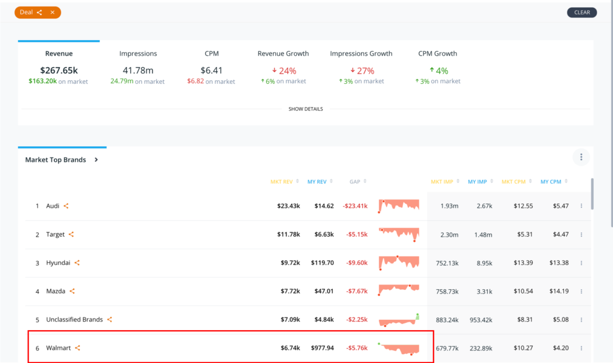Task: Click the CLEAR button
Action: pyautogui.click(x=582, y=13)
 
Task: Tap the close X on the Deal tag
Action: pyautogui.click(x=53, y=13)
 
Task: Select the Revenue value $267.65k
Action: pyautogui.click(x=59, y=71)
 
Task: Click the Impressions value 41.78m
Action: pyautogui.click(x=138, y=71)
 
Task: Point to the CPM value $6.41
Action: pyautogui.click(x=211, y=71)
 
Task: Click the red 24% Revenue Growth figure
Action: pyautogui.click(x=284, y=71)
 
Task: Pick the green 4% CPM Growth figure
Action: pyautogui.click(x=439, y=71)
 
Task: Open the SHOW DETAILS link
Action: pyautogui.click(x=306, y=109)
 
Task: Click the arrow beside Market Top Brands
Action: pyautogui.click(x=96, y=159)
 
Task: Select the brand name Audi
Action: pyautogui.click(x=53, y=205)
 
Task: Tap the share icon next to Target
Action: pyautogui.click(x=71, y=234)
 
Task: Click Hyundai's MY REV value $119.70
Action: pyautogui.click(x=323, y=263)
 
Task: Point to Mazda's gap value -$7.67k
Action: pyautogui.click(x=357, y=291)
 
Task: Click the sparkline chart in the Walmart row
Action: pyautogui.click(x=398, y=348)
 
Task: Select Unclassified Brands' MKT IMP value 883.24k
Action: pyautogui.click(x=447, y=320)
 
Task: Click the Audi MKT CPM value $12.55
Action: pyautogui.click(x=523, y=205)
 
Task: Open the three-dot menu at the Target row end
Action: pyautogui.click(x=581, y=235)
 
